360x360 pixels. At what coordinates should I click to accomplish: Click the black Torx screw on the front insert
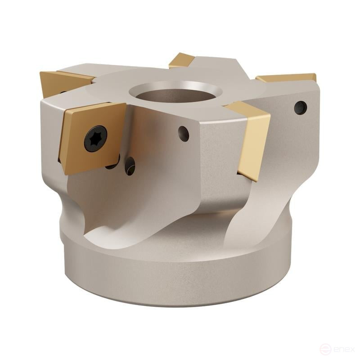[x=95, y=138]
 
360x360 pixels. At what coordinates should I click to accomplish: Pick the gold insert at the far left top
[x=61, y=81]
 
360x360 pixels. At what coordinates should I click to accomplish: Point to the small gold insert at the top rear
[x=181, y=60]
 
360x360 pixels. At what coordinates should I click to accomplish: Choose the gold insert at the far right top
[x=288, y=77]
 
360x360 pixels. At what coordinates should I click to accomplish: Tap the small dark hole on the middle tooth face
[x=184, y=133]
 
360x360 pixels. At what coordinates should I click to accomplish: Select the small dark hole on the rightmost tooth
[x=300, y=108]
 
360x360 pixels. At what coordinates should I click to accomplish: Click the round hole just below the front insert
[x=130, y=166]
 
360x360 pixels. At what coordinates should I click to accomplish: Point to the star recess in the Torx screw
[x=95, y=138]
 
